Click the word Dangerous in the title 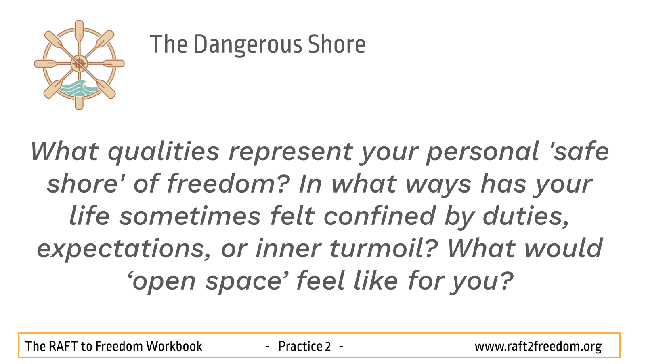[x=248, y=45]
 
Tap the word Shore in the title [x=337, y=44]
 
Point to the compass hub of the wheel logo [x=79, y=63]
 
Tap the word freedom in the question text [x=228, y=184]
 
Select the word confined [x=380, y=216]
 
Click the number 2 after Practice [x=328, y=346]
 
